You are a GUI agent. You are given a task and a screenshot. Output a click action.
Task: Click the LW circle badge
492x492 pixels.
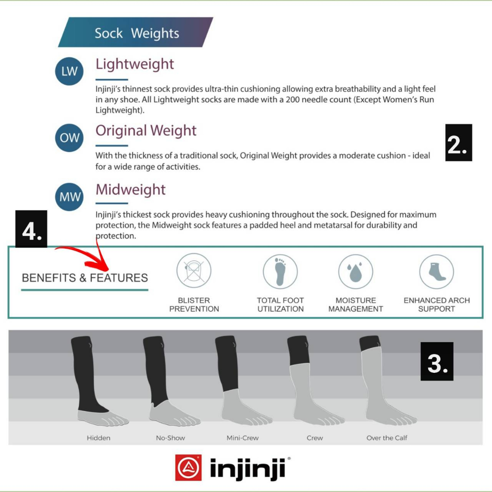[70, 71]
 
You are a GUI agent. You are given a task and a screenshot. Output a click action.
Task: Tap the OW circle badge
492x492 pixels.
[70, 137]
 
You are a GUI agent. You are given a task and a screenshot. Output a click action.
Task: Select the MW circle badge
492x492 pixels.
[70, 197]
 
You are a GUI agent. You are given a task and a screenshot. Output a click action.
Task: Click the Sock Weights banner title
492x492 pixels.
[136, 33]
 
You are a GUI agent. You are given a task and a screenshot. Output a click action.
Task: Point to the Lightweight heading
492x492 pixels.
[135, 64]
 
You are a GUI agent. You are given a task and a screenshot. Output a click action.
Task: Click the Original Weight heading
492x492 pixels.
[146, 131]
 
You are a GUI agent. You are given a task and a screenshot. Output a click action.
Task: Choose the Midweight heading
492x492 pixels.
[131, 189]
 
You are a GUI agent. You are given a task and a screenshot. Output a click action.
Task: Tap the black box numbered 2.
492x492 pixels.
[458, 143]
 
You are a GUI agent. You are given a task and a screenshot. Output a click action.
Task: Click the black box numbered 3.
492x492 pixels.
[437, 361]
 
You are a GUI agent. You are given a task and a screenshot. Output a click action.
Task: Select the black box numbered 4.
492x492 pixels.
[31, 229]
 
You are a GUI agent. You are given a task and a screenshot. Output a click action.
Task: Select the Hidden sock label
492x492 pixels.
[98, 438]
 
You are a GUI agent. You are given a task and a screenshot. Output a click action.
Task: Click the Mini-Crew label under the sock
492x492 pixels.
[243, 438]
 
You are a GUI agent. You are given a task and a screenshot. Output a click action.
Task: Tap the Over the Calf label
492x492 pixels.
[387, 438]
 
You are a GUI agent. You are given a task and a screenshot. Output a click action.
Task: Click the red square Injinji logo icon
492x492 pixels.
[188, 467]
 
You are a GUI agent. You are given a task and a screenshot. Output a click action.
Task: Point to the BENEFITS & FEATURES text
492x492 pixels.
[85, 278]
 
